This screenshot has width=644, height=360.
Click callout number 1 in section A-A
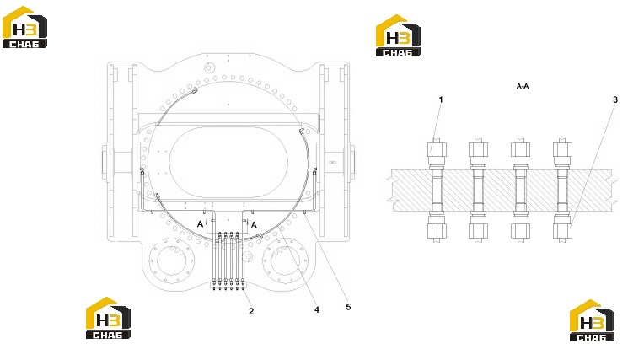click(x=441, y=99)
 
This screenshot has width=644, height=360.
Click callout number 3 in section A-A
click(x=614, y=99)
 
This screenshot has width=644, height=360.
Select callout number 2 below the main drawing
click(x=251, y=311)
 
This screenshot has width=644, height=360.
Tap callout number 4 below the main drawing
click(x=317, y=309)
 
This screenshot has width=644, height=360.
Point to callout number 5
click(x=348, y=307)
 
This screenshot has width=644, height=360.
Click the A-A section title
click(x=523, y=86)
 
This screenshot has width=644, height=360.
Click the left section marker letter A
click(x=200, y=224)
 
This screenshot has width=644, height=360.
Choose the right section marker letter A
click(x=254, y=225)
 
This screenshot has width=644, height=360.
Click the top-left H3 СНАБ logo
click(x=24, y=27)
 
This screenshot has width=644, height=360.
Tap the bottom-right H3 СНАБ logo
click(x=592, y=320)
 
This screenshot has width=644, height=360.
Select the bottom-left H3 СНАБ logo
click(x=108, y=318)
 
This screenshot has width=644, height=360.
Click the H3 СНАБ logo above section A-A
click(x=398, y=35)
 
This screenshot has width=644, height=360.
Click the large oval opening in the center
click(x=228, y=162)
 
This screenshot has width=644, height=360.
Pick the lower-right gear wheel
click(x=286, y=260)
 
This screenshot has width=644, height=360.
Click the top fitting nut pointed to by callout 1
click(x=437, y=149)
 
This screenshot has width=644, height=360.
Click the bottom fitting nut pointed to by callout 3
click(x=562, y=231)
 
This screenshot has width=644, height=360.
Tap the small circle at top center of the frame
click(x=209, y=67)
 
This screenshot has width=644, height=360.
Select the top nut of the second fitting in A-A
click(x=478, y=149)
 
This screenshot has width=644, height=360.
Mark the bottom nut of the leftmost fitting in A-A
click(x=437, y=231)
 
